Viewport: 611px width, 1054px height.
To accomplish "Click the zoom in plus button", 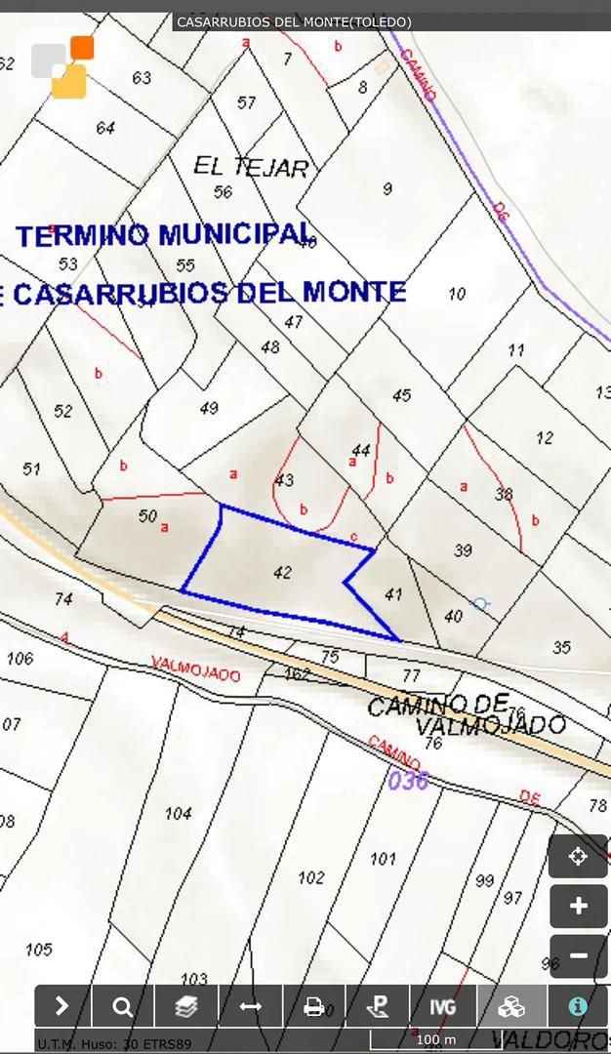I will [x=578, y=907].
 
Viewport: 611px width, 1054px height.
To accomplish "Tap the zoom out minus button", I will [x=578, y=956].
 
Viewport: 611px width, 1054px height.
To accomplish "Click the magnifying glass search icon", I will [x=122, y=1006].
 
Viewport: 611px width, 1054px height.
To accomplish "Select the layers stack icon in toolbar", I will [x=185, y=1006].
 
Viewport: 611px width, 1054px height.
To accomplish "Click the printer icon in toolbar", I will [x=314, y=1006].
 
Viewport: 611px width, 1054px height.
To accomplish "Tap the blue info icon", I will [x=578, y=1006].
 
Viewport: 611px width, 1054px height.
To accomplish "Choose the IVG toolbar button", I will [x=443, y=1006].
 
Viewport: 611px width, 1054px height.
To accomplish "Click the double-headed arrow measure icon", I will [x=250, y=1006].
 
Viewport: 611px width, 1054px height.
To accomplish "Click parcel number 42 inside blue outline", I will [x=282, y=573].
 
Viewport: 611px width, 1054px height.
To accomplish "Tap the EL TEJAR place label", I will [x=251, y=167].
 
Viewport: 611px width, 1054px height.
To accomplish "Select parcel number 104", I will [x=178, y=813].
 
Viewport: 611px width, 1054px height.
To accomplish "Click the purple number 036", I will [x=408, y=781].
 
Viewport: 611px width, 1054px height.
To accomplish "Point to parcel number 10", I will [x=457, y=294].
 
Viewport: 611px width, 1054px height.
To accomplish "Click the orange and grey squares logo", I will [x=63, y=67].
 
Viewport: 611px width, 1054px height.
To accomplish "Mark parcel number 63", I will [x=142, y=78].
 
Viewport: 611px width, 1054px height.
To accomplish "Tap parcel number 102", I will [x=310, y=877].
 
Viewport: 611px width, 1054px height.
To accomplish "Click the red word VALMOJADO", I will [x=195, y=669].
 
